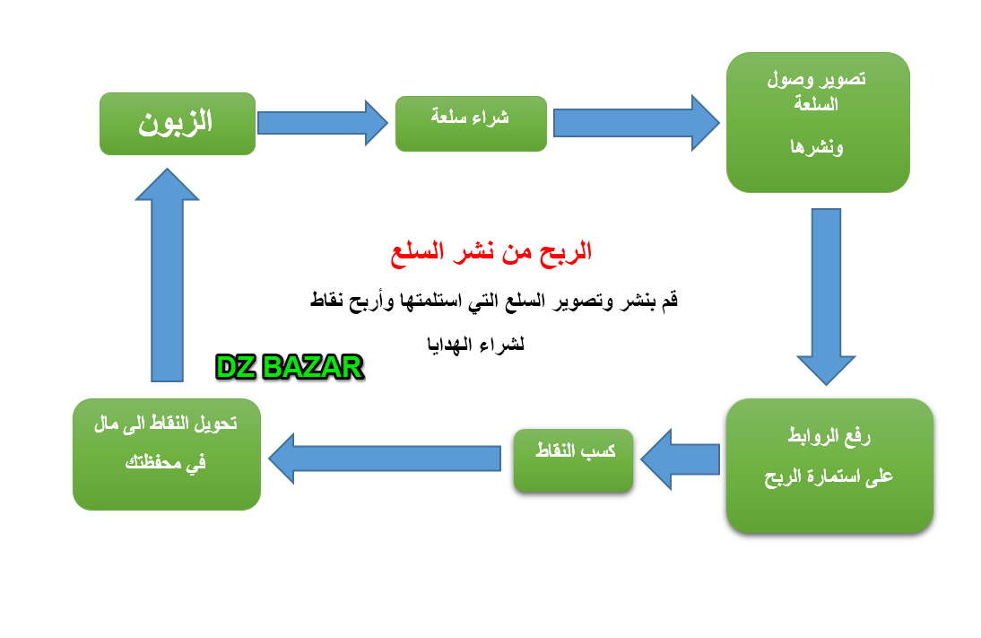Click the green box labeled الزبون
[178, 123]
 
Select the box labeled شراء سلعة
[471, 123]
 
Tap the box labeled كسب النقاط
[573, 460]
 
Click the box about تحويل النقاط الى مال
[167, 454]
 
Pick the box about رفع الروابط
[829, 466]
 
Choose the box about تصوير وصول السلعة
[818, 122]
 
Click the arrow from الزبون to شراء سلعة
[323, 123]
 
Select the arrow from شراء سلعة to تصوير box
[637, 123]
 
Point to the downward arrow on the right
[826, 296]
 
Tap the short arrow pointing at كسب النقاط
[680, 459]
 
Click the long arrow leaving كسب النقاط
[385, 459]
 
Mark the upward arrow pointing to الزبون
[167, 275]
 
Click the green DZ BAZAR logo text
[290, 367]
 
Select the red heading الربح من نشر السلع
[491, 252]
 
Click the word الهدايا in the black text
[449, 344]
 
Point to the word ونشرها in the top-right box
[817, 147]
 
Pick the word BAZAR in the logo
[313, 367]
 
